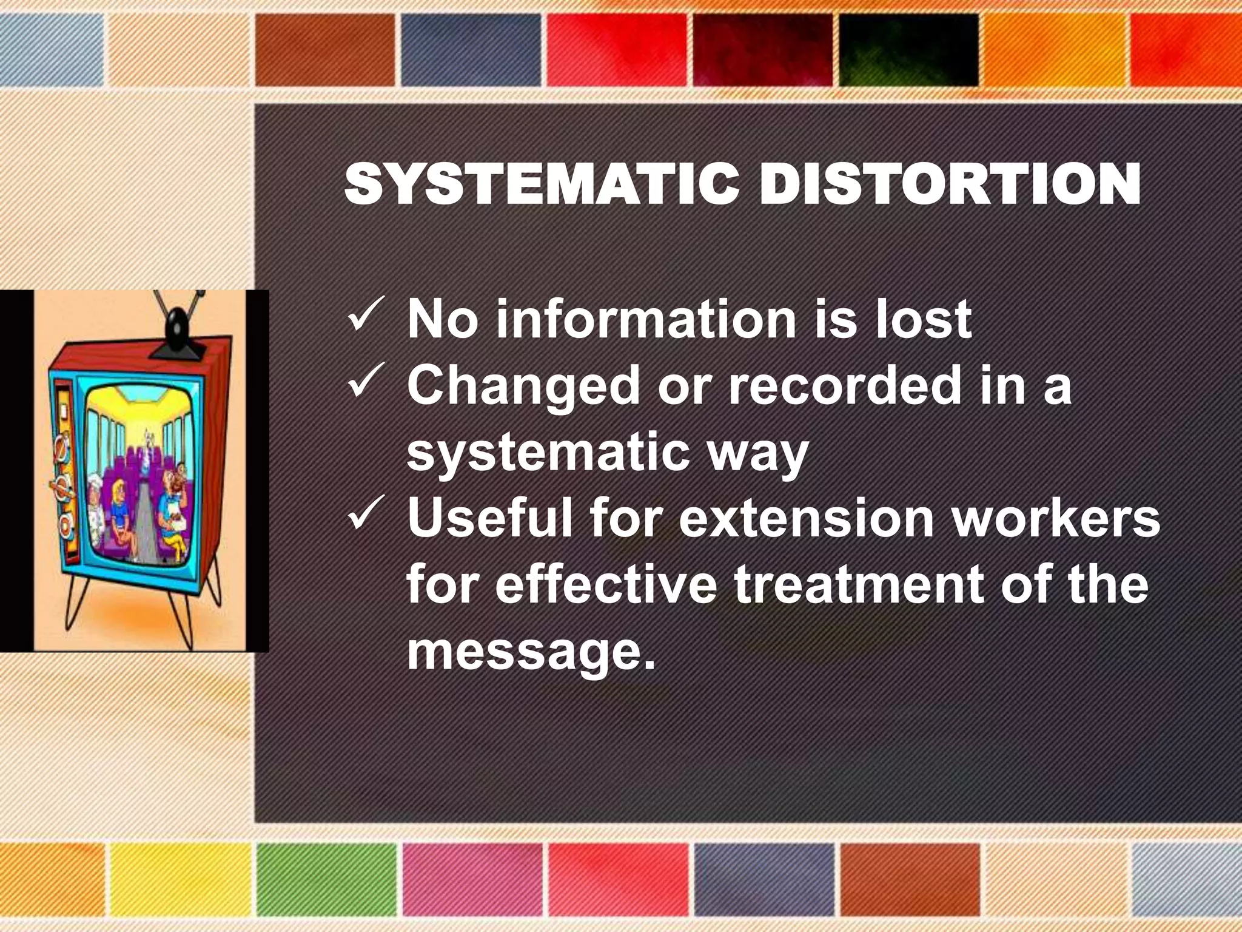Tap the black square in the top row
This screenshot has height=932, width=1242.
tap(908, 50)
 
